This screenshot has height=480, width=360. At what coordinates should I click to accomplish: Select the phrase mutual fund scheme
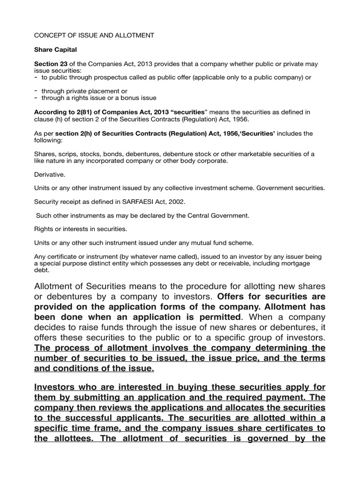(219, 243)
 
